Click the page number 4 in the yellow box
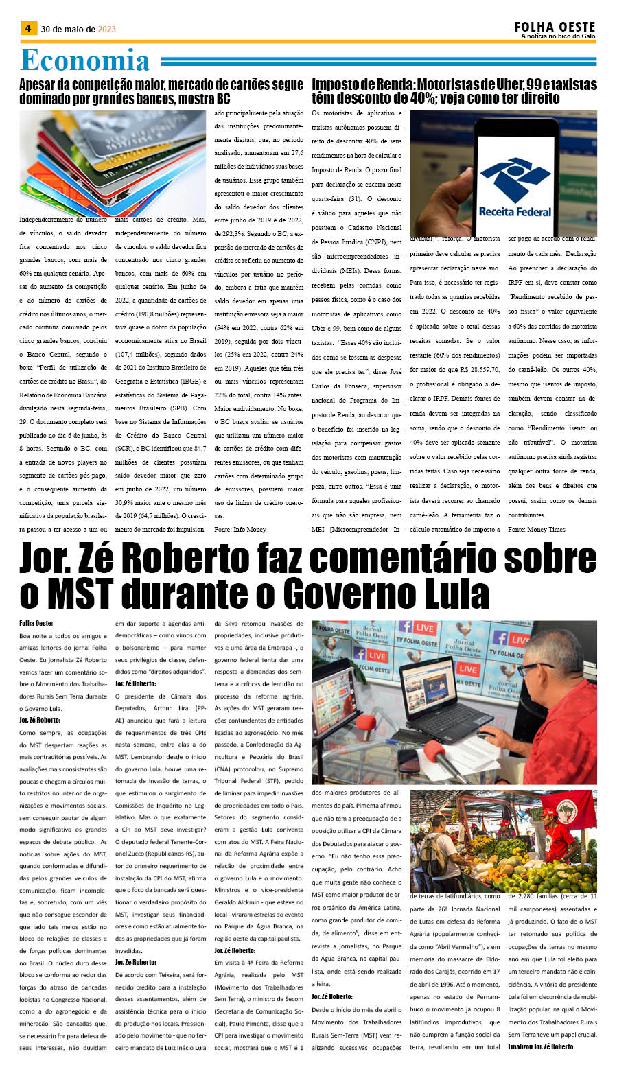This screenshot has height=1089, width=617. pyautogui.click(x=28, y=28)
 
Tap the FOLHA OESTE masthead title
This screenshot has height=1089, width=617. pyautogui.click(x=555, y=26)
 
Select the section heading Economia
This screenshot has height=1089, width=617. pyautogui.click(x=85, y=60)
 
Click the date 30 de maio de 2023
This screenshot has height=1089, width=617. pyautogui.click(x=78, y=29)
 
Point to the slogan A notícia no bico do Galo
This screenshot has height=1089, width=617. pyautogui.click(x=557, y=36)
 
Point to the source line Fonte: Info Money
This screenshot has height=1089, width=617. pyautogui.click(x=240, y=529)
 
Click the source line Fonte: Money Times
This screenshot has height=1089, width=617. pyautogui.click(x=537, y=529)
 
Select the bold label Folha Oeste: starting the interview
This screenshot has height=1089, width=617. pyautogui.click(x=36, y=623)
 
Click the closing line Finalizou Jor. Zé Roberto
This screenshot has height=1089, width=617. pyautogui.click(x=540, y=1046)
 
